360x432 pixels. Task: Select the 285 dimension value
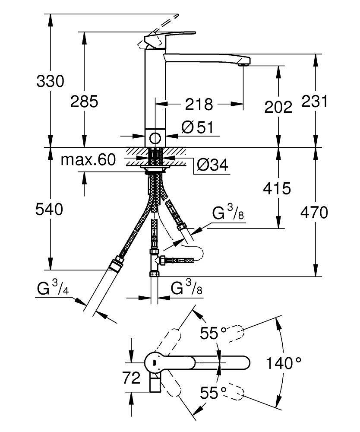[x=84, y=102]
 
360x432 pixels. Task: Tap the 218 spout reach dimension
[x=199, y=104]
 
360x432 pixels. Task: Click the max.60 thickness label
[x=88, y=160]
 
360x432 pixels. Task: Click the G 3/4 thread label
[x=52, y=288]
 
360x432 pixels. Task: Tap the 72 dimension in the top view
[x=131, y=378]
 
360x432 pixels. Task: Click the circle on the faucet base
[x=154, y=138]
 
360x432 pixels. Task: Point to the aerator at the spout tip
[x=243, y=64]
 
